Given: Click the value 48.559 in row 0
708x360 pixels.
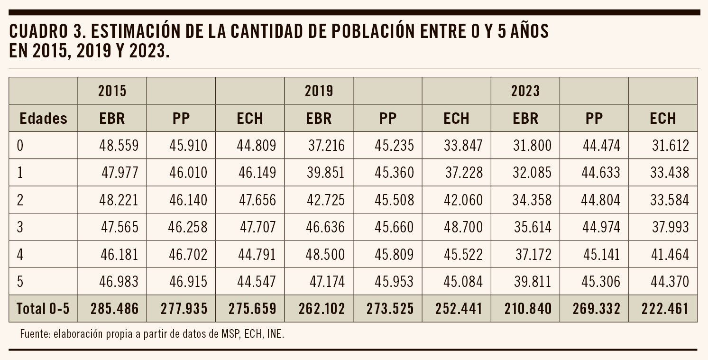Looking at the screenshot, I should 119,146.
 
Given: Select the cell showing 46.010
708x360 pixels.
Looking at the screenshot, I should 188,173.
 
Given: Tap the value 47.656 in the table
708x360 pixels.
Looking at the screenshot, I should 257,200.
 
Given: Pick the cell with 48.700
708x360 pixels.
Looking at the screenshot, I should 463,227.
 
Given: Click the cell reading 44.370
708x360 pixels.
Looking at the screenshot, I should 670,282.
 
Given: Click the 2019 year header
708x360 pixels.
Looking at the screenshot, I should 319,91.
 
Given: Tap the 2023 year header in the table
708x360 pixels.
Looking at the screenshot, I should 525,91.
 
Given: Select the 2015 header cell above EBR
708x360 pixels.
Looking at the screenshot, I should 112,91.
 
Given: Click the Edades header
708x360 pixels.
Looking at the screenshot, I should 43,119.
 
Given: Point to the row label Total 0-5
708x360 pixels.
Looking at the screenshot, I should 43,309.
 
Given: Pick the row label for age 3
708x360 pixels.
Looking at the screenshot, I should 20,227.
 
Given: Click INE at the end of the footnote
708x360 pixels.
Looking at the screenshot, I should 275,334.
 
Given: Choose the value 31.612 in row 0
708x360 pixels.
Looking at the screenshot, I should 670,146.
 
